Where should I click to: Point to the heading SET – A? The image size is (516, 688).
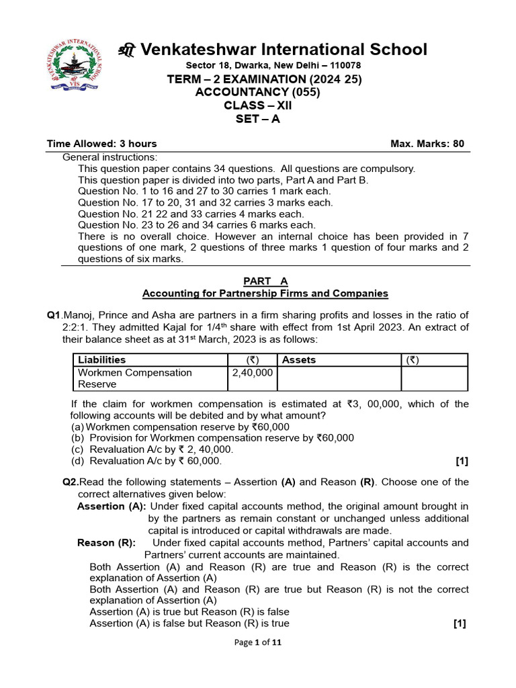pos(257,119)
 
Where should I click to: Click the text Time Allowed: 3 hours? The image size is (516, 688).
pos(101,144)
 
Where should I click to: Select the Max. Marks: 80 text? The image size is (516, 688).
pos(427,144)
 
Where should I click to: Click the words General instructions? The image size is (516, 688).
pos(110,157)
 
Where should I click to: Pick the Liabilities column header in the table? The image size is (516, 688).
pos(101,360)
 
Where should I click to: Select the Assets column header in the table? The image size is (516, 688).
pos(298,360)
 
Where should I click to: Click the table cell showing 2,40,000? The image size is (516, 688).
pos(252,373)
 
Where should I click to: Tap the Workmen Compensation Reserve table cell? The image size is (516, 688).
pos(134,378)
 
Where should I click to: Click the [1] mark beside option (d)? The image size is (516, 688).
pos(461,461)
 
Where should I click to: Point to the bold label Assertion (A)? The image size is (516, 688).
pos(112,507)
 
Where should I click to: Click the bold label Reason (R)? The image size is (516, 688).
pos(106,543)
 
